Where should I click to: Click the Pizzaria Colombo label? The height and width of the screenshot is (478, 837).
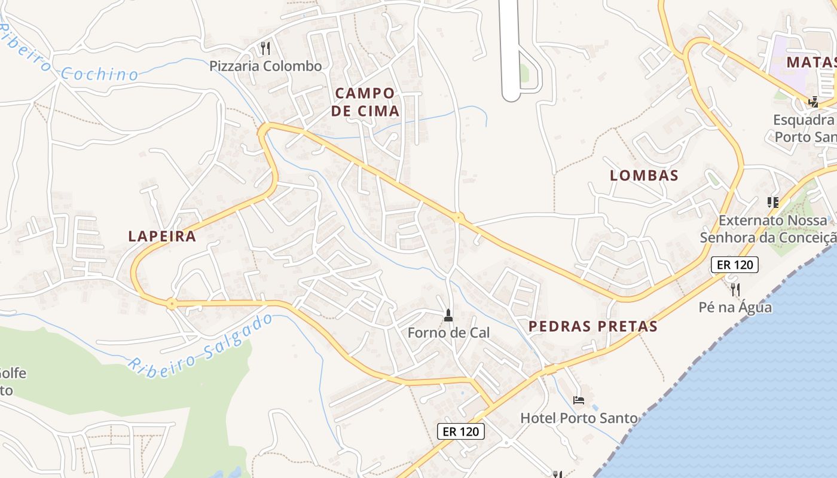265,66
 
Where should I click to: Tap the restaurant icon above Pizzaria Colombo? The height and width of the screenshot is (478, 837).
266,48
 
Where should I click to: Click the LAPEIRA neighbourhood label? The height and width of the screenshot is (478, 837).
162,236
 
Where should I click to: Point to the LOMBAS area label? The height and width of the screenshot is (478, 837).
644,176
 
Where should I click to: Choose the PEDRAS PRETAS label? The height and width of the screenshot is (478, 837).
592,326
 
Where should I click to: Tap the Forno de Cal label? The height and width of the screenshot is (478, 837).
448,333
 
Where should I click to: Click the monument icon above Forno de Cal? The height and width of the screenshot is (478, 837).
448,315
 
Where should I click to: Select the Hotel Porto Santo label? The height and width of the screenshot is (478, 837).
579,418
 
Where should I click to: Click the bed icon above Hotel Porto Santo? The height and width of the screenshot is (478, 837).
578,400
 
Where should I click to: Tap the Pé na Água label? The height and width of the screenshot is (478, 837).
735,308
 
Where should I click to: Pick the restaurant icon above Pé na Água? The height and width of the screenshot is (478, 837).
735,290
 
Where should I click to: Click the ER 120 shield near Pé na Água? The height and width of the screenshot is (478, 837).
735,265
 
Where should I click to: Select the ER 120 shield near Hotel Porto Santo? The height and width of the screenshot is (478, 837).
460,431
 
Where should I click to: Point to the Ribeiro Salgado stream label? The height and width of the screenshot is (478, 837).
200,342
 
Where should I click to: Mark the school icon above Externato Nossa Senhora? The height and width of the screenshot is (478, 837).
773,203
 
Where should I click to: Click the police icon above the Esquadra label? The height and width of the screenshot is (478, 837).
813,102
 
